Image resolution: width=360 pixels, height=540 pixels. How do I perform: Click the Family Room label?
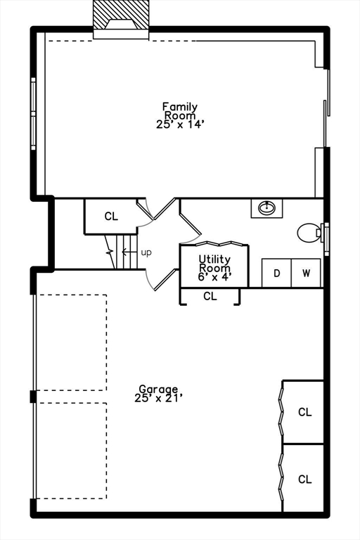pos(180,115)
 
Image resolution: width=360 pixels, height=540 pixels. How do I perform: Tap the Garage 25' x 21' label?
pos(158,393)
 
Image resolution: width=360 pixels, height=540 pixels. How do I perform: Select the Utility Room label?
pos(214,268)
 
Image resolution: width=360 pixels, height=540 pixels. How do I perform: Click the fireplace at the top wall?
pos(121,20)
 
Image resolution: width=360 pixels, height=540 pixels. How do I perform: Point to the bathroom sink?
pos(266,207)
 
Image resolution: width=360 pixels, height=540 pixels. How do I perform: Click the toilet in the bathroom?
pos(309,233)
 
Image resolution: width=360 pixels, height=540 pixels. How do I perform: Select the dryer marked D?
pos(276,273)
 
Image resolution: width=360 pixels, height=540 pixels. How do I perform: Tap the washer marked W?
pos(306,273)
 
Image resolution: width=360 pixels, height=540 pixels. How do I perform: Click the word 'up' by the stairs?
pos(146,253)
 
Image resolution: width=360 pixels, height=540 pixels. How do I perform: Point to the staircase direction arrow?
pos(129,252)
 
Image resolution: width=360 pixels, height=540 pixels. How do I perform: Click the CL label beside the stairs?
pos(111,217)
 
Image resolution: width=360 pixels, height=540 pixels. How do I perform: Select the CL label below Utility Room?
pos(210,296)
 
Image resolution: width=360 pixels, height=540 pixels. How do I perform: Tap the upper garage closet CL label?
pos(305,412)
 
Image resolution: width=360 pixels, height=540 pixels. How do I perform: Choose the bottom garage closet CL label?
pos(305,479)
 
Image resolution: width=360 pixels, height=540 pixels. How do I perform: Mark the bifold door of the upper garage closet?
pos(281,411)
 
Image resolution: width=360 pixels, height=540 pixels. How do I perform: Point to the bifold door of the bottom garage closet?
pos(281,479)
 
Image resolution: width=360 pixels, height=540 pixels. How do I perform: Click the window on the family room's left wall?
pos(34,114)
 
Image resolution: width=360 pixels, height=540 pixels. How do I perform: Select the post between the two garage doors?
pos(33,397)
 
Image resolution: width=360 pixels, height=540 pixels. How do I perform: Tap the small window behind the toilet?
pos(326,238)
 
